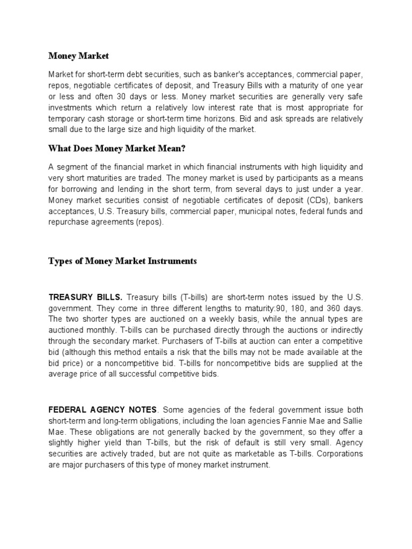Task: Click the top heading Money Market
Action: click(78, 55)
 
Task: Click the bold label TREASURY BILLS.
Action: click(85, 297)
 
